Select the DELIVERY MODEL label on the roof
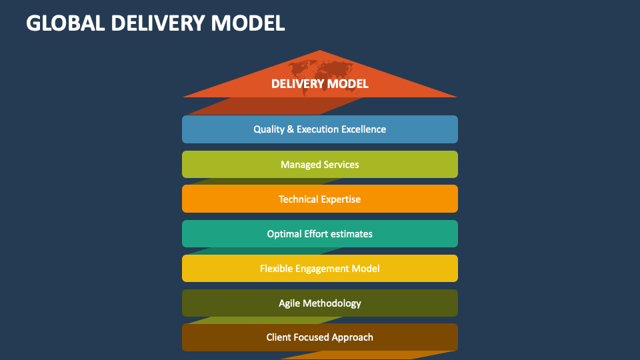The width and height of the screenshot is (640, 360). coord(320,84)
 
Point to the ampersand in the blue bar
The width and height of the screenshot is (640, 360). coord(290,129)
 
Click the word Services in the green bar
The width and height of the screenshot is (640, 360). coord(341,164)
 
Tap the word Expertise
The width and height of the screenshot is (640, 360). coord(340,199)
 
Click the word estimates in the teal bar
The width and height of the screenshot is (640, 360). coord(352,233)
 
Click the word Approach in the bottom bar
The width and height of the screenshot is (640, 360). coord(353,338)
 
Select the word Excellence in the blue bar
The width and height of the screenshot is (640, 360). coord(364,129)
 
